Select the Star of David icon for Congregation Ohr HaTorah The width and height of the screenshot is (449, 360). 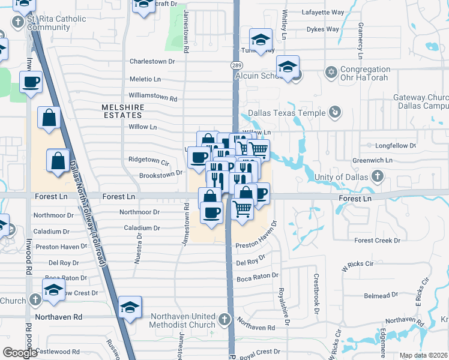[330, 73]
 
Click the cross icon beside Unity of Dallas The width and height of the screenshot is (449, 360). [376, 176]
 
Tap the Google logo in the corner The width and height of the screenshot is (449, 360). [20, 353]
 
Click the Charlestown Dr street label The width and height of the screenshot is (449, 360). [152, 61]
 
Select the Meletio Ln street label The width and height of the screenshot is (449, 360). [145, 79]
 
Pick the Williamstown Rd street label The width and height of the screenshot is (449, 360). [153, 98]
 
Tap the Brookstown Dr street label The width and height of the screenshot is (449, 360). [160, 175]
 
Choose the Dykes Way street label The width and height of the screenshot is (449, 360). [322, 29]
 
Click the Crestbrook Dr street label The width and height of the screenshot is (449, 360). [316, 294]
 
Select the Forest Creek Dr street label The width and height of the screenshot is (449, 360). [377, 241]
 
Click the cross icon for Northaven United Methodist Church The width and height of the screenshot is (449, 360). [224, 319]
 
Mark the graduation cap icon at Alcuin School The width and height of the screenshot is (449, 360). [288, 66]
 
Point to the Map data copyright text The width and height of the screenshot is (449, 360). [423, 355]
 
